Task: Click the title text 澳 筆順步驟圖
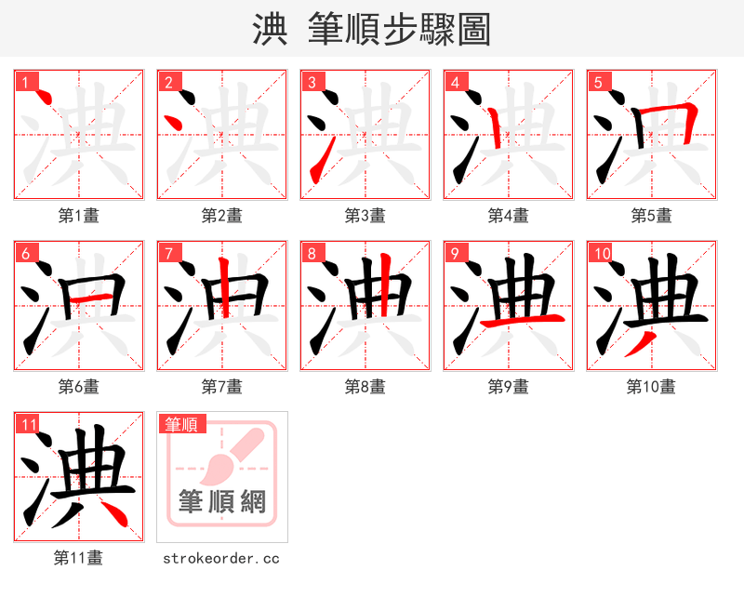tap(371, 29)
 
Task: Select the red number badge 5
tap(598, 82)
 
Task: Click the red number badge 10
tap(601, 253)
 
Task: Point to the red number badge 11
tap(28, 424)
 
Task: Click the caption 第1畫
tap(79, 216)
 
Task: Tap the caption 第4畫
tap(509, 216)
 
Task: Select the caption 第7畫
tap(222, 387)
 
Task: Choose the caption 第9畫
tap(509, 387)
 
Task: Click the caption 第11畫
tap(79, 558)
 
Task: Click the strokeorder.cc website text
tap(221, 558)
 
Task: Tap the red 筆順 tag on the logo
tap(181, 424)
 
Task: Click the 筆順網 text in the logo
tap(222, 502)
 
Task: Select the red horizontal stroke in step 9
tap(523, 321)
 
